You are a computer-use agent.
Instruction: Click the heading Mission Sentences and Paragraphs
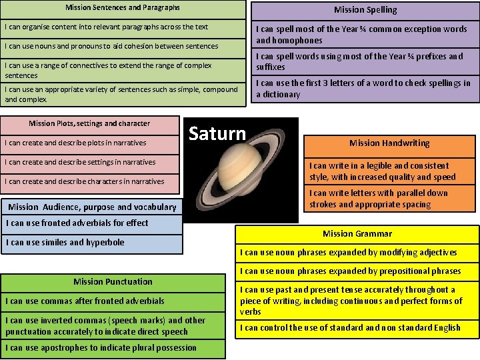(123, 8)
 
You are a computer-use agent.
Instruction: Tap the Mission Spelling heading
(365, 10)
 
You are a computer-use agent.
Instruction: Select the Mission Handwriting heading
(389, 143)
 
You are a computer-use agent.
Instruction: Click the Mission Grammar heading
(357, 234)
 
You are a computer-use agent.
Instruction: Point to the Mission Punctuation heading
(113, 282)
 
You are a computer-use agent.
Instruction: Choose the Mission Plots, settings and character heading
(89, 123)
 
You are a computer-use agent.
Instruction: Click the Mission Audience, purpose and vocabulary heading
(92, 207)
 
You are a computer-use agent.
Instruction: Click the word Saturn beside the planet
(217, 133)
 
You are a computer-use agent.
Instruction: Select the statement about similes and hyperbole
(65, 243)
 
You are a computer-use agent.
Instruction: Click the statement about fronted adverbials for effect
(77, 223)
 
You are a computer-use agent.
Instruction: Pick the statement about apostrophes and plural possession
(101, 347)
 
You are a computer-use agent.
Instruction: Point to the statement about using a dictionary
(363, 89)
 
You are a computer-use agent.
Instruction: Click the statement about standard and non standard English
(351, 328)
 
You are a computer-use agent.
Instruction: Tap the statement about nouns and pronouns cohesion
(111, 47)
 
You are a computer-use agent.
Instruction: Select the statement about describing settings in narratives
(80, 162)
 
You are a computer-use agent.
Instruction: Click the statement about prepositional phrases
(351, 271)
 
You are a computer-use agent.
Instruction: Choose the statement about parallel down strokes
(378, 199)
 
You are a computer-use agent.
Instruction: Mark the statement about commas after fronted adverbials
(85, 301)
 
